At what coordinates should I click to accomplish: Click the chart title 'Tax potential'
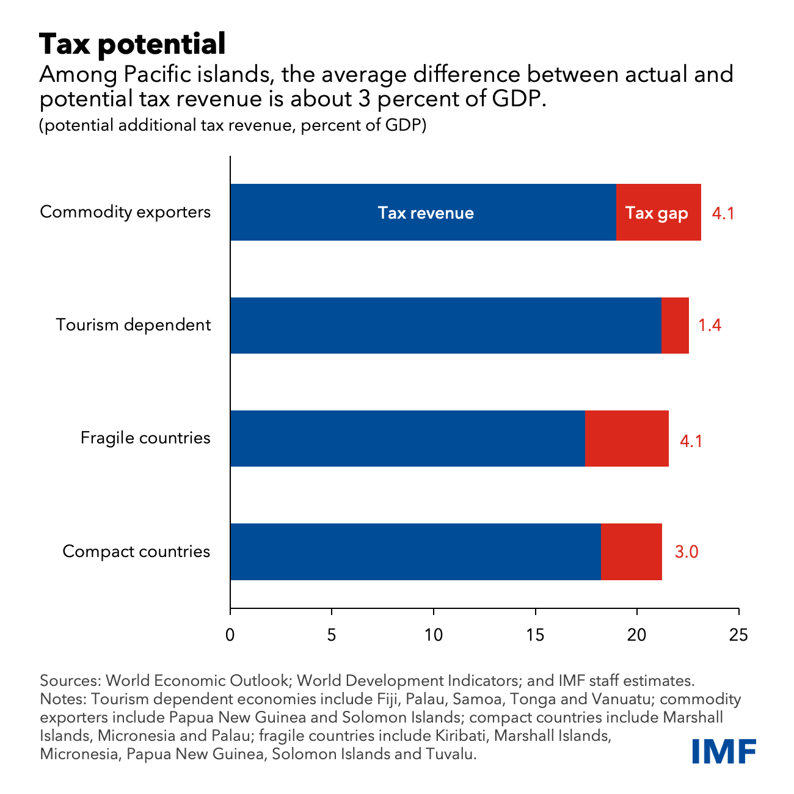tap(133, 45)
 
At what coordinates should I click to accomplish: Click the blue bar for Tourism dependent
tap(446, 326)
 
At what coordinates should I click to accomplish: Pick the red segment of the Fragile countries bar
tap(627, 439)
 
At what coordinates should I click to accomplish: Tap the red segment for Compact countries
tap(632, 552)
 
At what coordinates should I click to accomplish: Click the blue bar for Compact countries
tap(415, 552)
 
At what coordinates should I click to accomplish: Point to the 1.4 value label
tap(710, 325)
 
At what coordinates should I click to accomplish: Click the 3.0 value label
tap(686, 552)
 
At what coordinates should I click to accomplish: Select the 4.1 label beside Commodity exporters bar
tap(723, 214)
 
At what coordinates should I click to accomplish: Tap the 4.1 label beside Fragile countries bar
tap(691, 440)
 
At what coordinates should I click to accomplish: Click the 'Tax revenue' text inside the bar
tap(426, 213)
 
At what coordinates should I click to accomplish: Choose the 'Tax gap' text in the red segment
tap(657, 213)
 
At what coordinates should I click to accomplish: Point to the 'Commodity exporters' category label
tap(125, 212)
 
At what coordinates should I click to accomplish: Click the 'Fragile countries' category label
tap(145, 438)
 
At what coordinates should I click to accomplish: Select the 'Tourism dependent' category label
tap(133, 325)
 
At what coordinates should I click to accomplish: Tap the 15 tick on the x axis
tap(535, 635)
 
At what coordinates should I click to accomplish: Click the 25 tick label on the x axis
tap(738, 635)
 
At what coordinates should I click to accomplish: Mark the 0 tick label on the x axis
tap(230, 635)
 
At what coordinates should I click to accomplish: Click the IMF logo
tap(724, 751)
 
